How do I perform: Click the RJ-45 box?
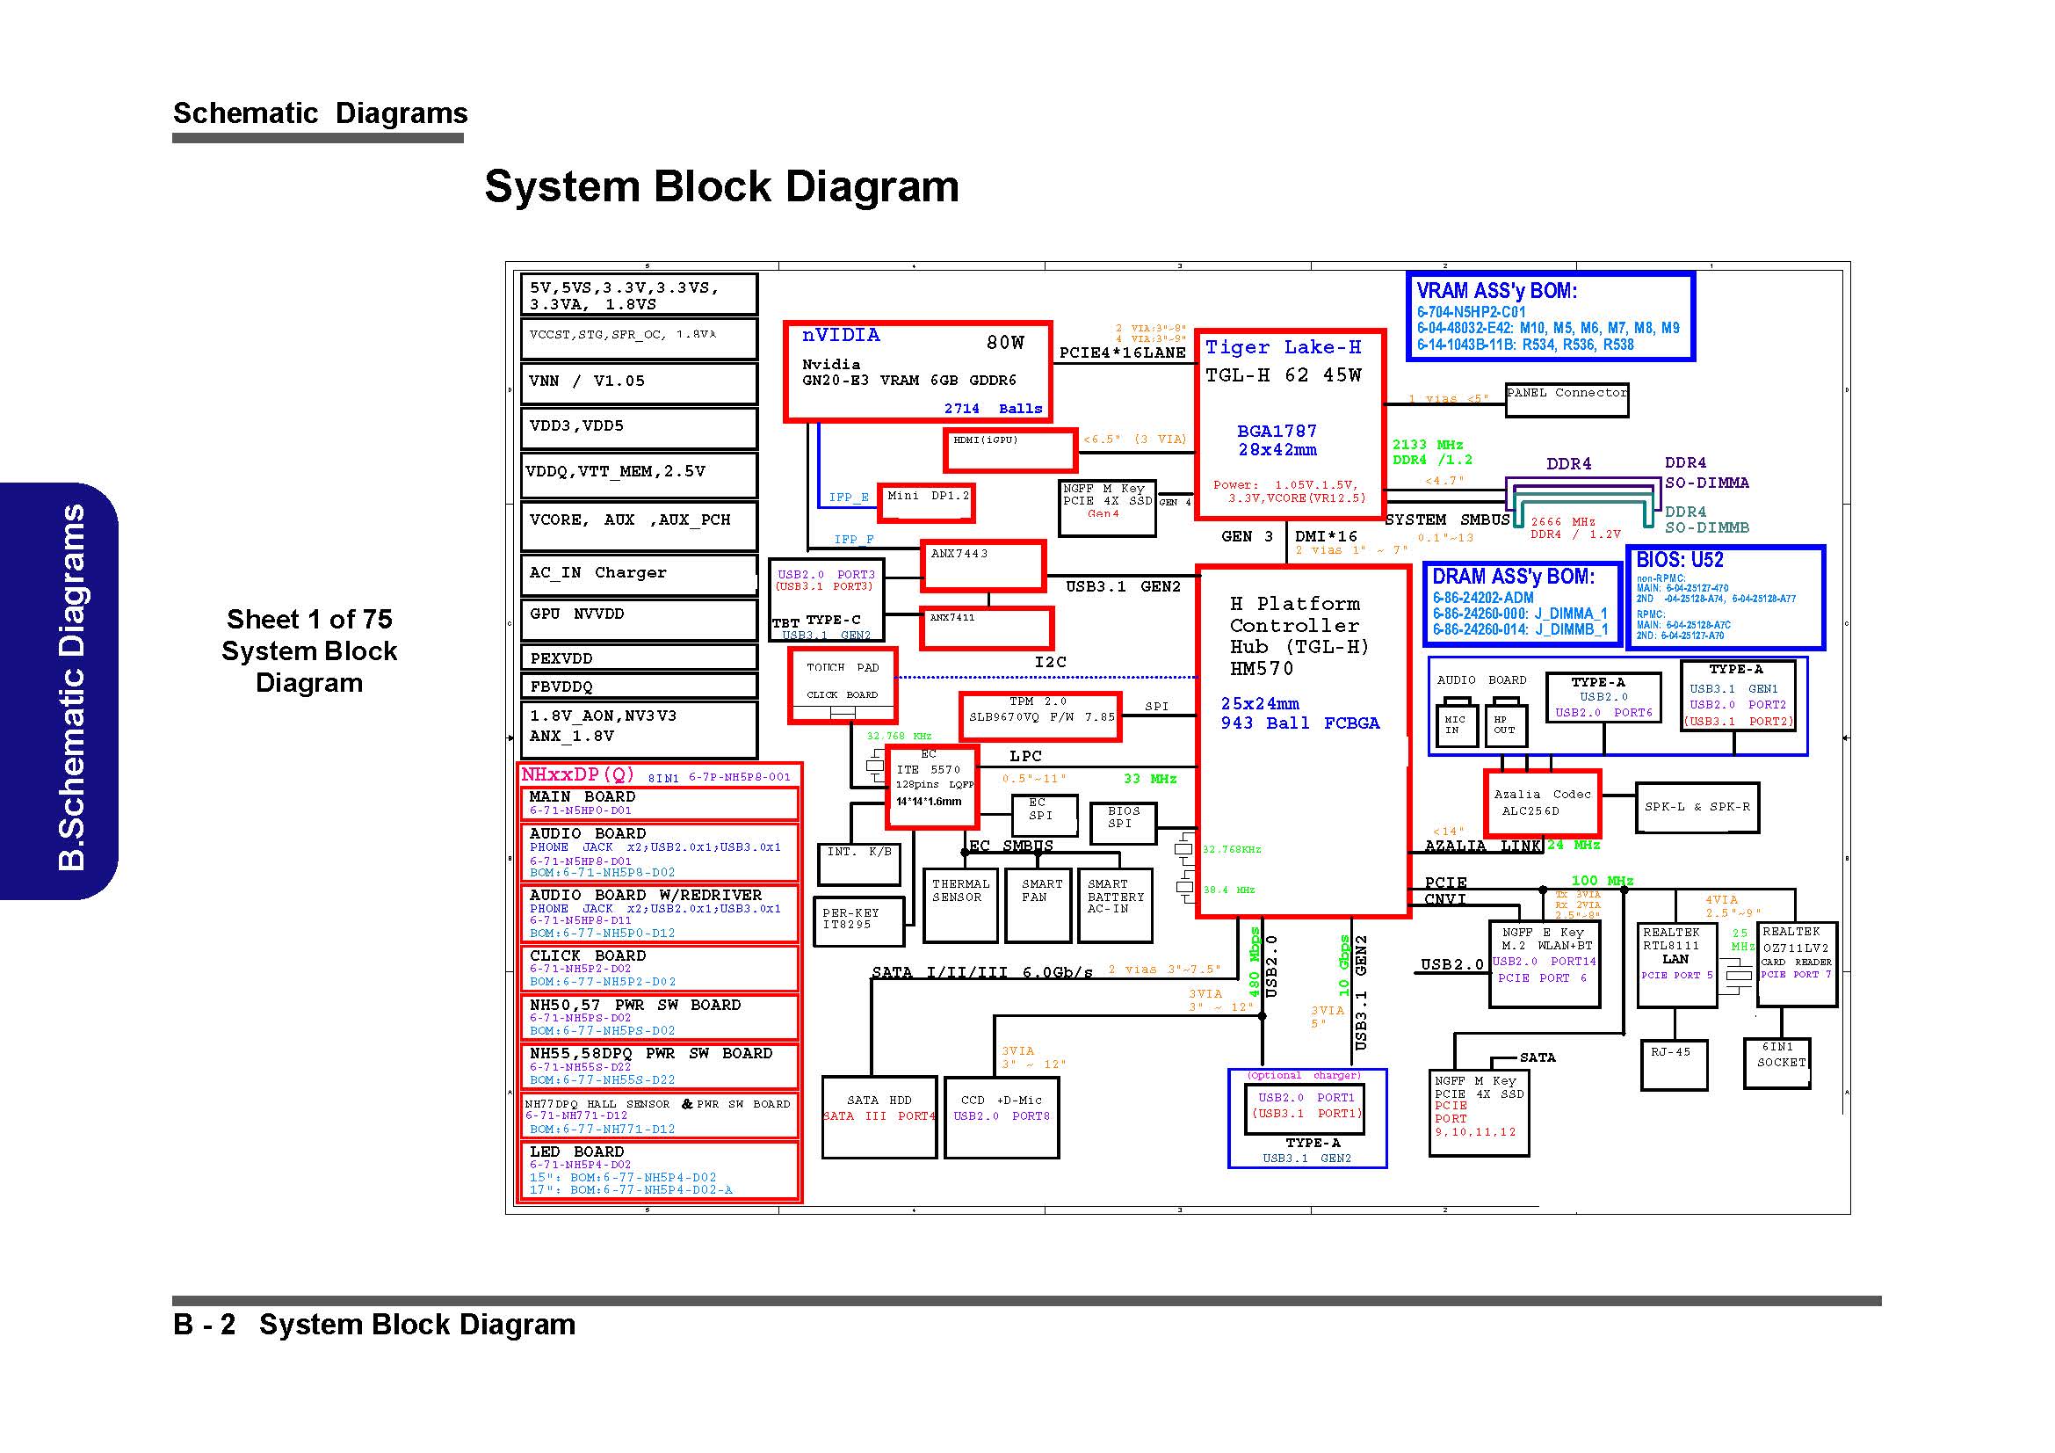tap(1673, 1064)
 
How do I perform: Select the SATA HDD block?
tap(879, 1116)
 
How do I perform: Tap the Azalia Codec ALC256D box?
tap(1541, 803)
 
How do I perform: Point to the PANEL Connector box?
tap(1567, 399)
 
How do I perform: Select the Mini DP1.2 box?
tap(925, 502)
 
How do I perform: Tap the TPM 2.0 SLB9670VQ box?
tap(1039, 716)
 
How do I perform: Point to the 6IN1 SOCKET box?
tap(1776, 1062)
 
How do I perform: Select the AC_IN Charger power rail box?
tap(638, 574)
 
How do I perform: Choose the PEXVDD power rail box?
tap(638, 658)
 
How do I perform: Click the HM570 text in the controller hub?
tap(1260, 669)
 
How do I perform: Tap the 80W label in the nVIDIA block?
tap(1005, 343)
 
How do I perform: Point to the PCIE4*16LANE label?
tap(1122, 352)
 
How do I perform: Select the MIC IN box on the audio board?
tap(1454, 725)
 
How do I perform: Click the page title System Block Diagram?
tap(721, 187)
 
